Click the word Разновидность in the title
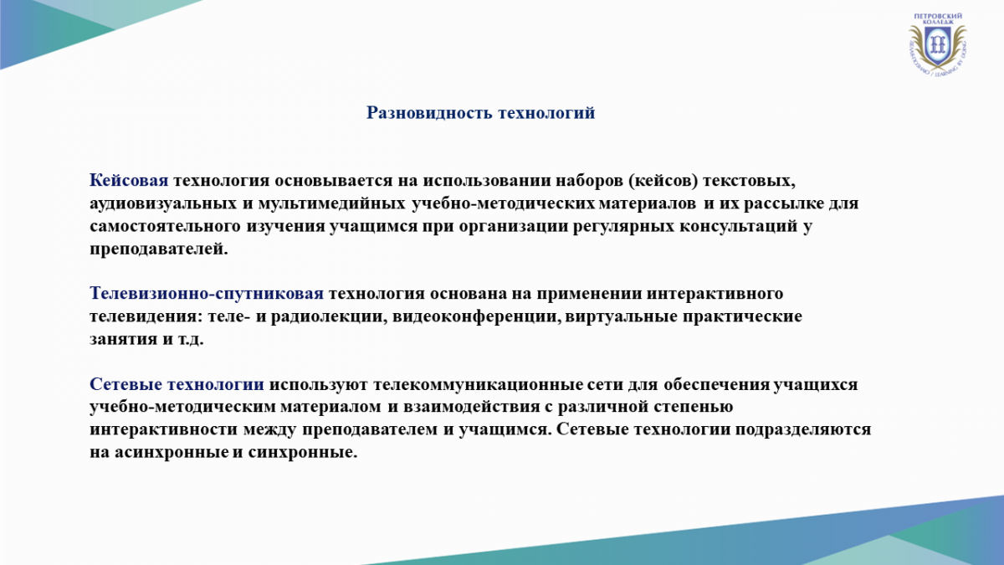[429, 113]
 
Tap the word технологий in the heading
[546, 113]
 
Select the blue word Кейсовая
[129, 181]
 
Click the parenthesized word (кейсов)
[663, 181]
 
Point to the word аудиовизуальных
[163, 203]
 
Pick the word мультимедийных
[332, 203]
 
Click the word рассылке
[784, 203]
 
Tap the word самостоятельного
[165, 226]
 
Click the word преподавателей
[159, 249]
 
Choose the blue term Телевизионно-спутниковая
[207, 294]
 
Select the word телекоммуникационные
[477, 385]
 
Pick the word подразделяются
[803, 429]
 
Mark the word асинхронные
[172, 453]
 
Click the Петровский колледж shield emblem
[937, 45]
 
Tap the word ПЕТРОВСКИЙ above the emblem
[938, 16]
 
